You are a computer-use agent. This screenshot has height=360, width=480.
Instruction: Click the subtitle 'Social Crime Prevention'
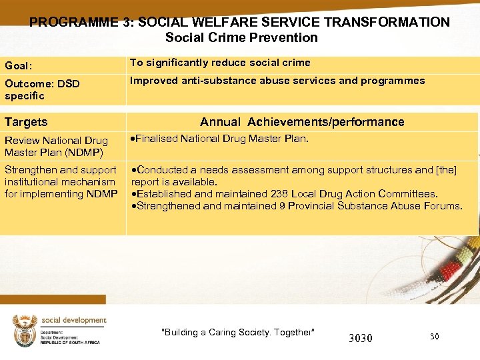pyautogui.click(x=241, y=38)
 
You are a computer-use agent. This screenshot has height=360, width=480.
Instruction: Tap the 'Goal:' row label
pyautogui.click(x=19, y=66)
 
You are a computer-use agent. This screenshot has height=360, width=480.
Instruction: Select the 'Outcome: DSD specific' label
pyautogui.click(x=41, y=89)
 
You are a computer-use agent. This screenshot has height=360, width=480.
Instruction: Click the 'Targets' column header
pyautogui.click(x=26, y=122)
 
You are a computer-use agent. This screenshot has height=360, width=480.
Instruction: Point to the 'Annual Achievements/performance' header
pyautogui.click(x=302, y=122)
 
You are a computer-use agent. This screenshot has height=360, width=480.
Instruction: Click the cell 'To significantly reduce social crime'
pyautogui.click(x=220, y=63)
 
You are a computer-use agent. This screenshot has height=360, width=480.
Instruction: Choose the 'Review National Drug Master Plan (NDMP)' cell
pyautogui.click(x=56, y=146)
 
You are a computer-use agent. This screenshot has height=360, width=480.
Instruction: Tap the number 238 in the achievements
pyautogui.click(x=279, y=194)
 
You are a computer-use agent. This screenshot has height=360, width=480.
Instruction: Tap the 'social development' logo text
pyautogui.click(x=73, y=320)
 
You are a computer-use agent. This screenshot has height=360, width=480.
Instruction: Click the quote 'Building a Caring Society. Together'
pyautogui.click(x=238, y=332)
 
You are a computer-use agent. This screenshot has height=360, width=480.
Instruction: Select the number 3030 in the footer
pyautogui.click(x=361, y=338)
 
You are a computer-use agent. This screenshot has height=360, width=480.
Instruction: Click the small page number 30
pyautogui.click(x=434, y=337)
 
